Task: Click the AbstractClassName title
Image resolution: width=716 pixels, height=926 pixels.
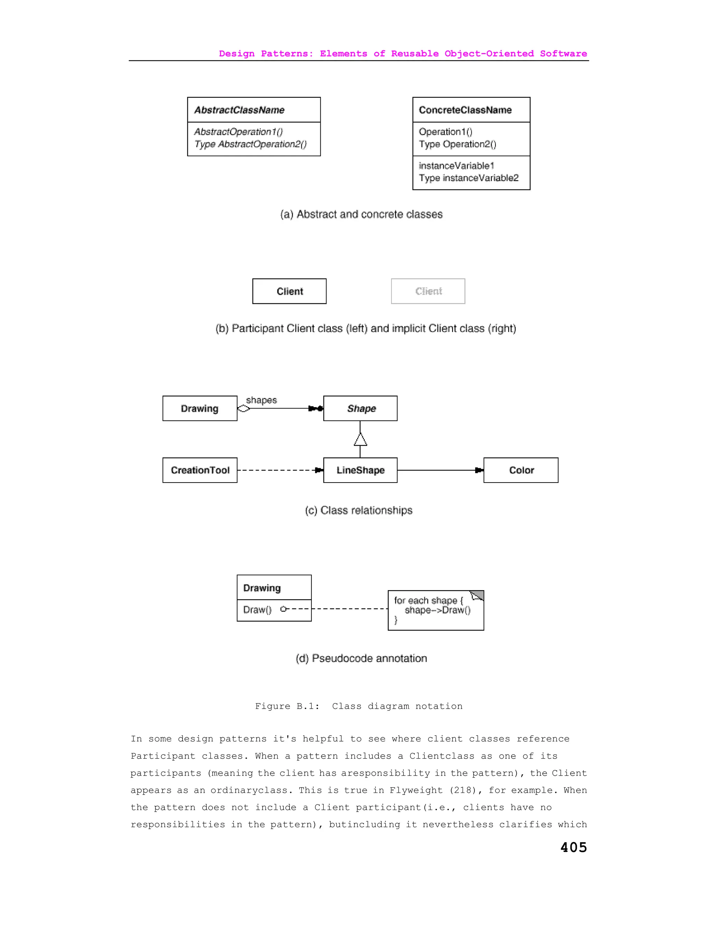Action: click(x=239, y=110)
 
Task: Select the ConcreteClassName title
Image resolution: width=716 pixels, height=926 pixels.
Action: click(x=465, y=110)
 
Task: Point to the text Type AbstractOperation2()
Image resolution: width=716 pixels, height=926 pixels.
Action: click(x=250, y=144)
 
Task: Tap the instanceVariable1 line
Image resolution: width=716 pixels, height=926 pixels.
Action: click(x=456, y=166)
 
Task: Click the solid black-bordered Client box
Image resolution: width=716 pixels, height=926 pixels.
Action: click(x=289, y=291)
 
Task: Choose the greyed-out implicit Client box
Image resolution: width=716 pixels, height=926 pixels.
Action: click(x=428, y=291)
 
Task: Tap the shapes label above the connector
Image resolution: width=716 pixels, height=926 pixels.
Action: click(x=261, y=400)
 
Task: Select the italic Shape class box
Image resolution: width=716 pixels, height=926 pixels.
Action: click(x=360, y=408)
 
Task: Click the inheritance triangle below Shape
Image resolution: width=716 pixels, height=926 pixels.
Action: click(x=360, y=440)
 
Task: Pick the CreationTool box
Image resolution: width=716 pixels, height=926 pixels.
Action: click(x=200, y=470)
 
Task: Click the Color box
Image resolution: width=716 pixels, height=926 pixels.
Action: click(x=521, y=470)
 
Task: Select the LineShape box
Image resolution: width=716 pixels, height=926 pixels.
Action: click(x=360, y=470)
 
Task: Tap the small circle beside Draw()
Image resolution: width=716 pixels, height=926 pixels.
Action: click(x=283, y=609)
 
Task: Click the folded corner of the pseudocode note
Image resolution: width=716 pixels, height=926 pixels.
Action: click(x=478, y=596)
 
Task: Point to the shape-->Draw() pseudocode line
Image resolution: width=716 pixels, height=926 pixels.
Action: click(x=437, y=610)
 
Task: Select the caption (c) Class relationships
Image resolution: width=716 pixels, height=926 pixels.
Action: click(x=358, y=510)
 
